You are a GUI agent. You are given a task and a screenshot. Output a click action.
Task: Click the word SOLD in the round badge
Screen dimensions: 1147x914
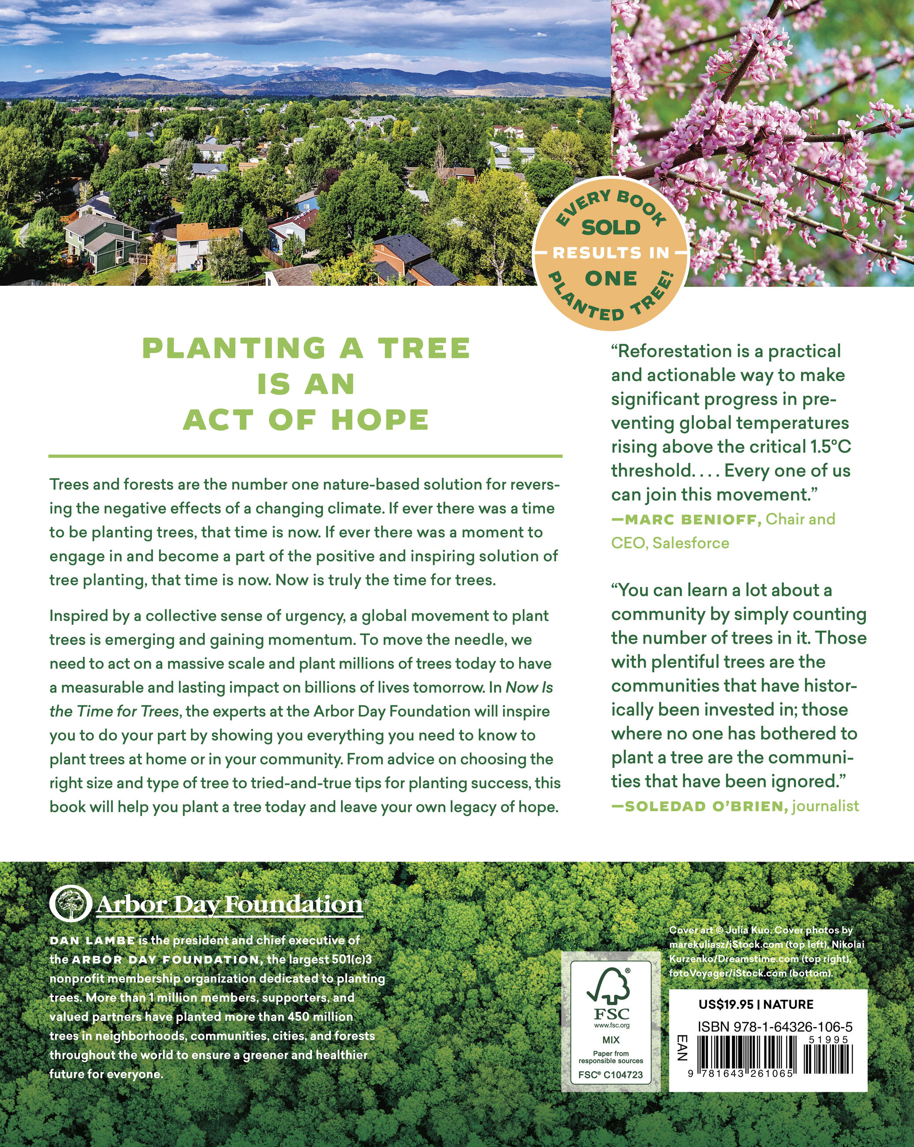point(611,228)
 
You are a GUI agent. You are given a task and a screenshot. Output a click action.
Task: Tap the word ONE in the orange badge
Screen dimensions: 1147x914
point(611,278)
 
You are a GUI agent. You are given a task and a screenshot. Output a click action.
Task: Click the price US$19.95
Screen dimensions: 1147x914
point(726,1005)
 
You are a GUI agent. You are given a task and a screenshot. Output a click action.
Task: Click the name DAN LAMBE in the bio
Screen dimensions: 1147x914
point(92,941)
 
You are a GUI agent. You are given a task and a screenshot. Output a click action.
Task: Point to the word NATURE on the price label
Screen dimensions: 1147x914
point(788,1005)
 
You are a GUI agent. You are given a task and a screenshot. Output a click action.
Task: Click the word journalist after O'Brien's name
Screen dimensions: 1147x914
point(825,806)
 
